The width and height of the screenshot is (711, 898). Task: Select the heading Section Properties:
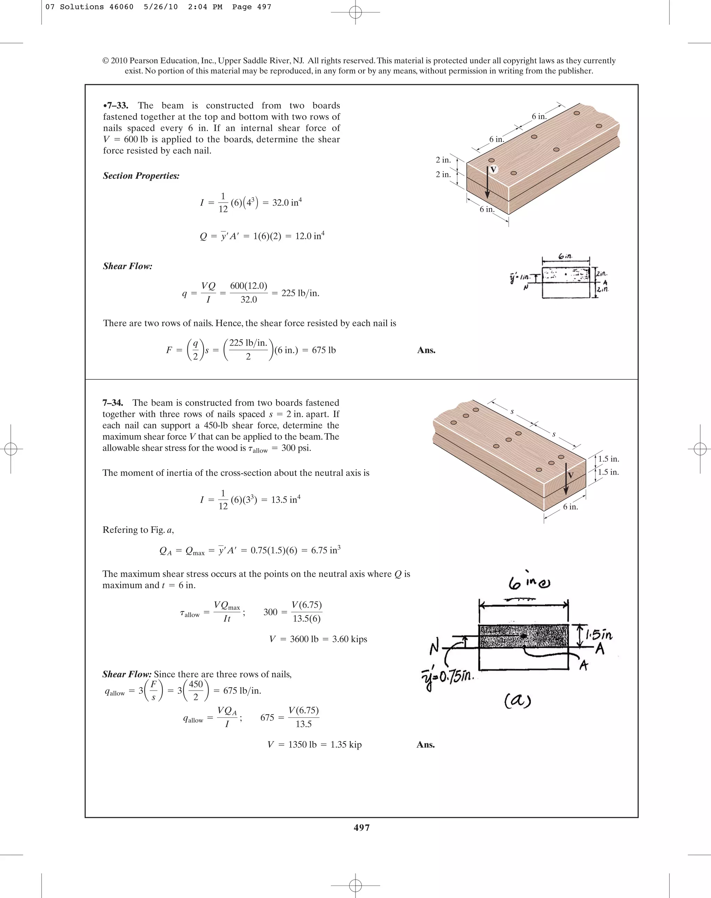[x=141, y=176]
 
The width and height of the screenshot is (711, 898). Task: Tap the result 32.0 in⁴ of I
[x=287, y=203]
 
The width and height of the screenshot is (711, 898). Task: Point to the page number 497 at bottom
[x=361, y=827]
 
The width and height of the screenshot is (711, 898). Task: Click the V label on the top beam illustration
[x=493, y=170]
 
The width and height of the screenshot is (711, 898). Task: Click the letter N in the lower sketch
[x=434, y=647]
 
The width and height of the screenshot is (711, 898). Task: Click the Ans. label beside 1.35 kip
[x=425, y=745]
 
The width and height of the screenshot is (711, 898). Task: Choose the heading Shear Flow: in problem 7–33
[x=127, y=266]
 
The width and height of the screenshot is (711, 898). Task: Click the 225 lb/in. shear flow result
[x=300, y=293]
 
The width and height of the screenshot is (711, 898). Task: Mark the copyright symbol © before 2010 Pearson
[x=105, y=61]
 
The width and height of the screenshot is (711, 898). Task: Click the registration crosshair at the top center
[x=355, y=12]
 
